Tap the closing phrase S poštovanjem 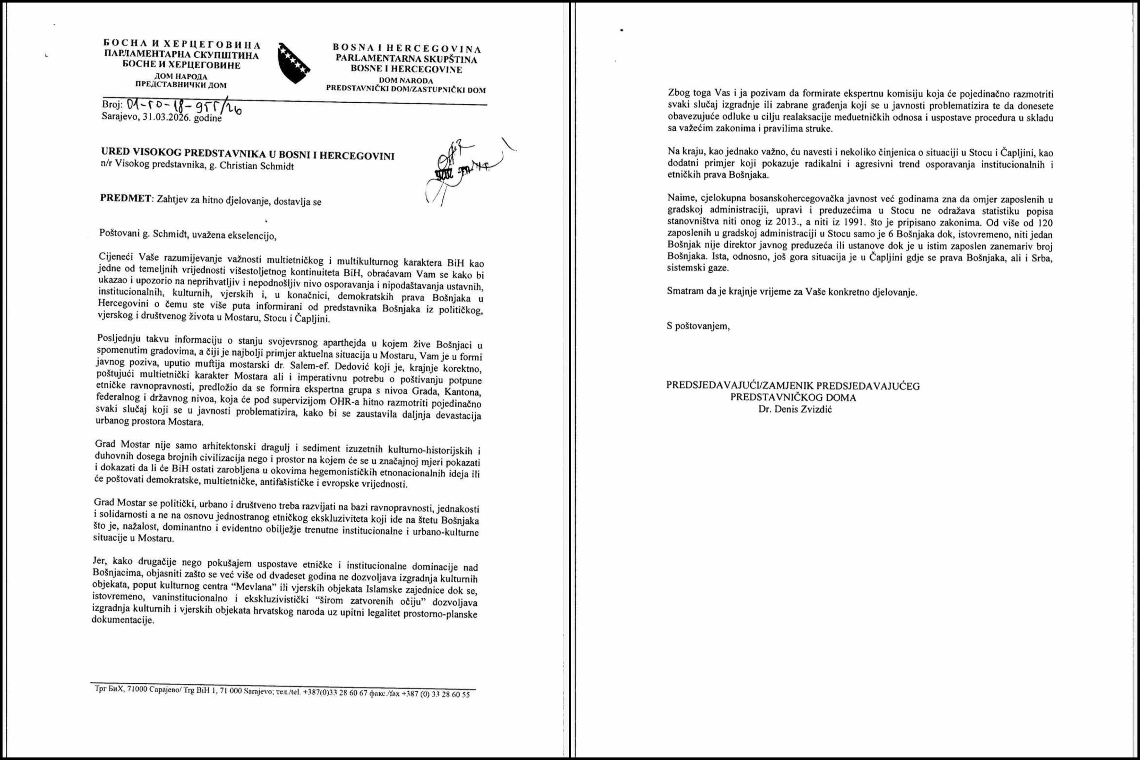(x=698, y=326)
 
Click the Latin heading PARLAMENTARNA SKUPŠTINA (x=406, y=59)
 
